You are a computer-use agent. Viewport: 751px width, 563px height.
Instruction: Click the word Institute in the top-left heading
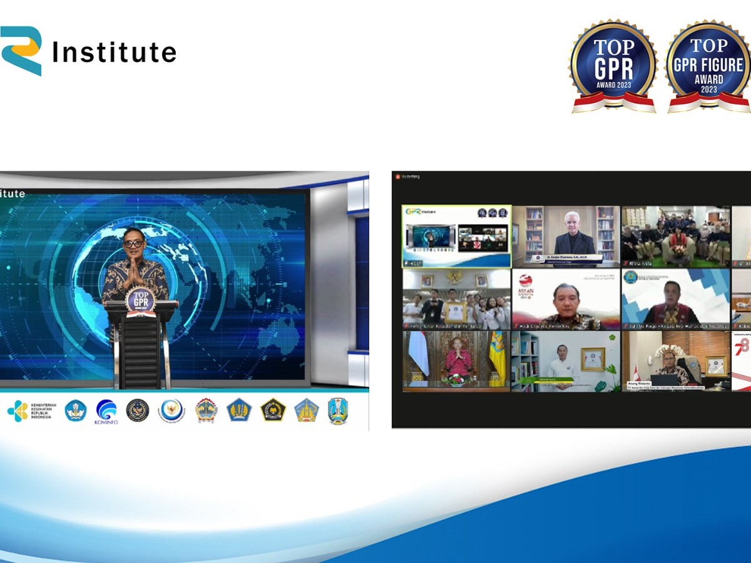click(114, 53)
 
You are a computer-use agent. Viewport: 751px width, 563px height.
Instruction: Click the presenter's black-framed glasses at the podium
click(133, 243)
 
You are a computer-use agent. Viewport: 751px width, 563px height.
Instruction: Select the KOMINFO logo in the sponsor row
click(106, 411)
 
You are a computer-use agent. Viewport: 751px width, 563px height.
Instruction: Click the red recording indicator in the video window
click(396, 177)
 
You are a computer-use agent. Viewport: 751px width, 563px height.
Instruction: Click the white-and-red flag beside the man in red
click(418, 353)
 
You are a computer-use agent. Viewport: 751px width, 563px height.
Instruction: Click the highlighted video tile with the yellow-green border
click(456, 236)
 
